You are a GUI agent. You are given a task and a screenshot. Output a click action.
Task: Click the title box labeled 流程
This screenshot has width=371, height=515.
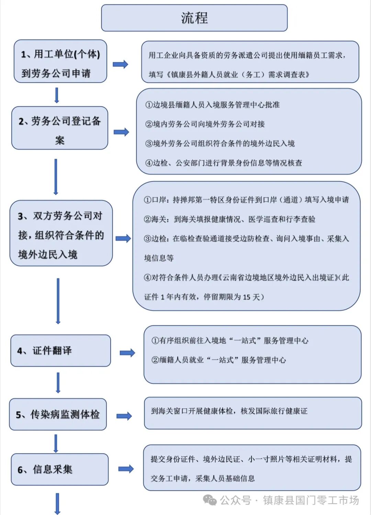[x=194, y=18]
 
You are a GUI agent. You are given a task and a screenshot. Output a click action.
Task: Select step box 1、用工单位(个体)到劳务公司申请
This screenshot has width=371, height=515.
[x=60, y=61]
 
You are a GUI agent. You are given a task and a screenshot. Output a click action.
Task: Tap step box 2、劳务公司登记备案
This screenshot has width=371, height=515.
[x=60, y=128]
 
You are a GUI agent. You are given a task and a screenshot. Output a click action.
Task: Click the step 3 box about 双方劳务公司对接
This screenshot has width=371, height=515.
[x=61, y=233]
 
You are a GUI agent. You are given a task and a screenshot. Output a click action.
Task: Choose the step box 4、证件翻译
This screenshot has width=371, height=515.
[x=60, y=350]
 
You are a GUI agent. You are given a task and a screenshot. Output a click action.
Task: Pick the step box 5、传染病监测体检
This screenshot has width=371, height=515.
[x=58, y=414]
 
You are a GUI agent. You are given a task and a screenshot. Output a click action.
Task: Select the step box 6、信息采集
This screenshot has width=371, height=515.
[x=59, y=469]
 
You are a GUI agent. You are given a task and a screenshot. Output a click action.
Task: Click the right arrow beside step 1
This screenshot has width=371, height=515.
[x=121, y=64]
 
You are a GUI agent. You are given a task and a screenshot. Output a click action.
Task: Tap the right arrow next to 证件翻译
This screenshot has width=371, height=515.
[x=127, y=353]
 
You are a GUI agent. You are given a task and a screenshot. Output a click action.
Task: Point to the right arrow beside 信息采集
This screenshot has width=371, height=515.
[x=126, y=469]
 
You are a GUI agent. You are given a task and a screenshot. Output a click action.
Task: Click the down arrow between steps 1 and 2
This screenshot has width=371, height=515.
[x=57, y=95]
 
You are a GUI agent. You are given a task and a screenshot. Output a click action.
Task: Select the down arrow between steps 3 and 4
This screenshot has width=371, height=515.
[x=58, y=301]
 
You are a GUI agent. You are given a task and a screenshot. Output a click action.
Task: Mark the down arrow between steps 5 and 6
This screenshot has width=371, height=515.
[x=56, y=443]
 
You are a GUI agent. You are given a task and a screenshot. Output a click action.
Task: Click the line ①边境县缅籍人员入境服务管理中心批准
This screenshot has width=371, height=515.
[x=212, y=105]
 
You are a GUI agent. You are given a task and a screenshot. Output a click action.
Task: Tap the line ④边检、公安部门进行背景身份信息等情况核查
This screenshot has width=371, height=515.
[x=224, y=163]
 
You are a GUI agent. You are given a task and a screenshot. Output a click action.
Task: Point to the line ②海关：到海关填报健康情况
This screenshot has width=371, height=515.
[x=229, y=219]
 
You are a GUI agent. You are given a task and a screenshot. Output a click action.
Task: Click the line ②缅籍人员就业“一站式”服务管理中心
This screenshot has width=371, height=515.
[x=219, y=360]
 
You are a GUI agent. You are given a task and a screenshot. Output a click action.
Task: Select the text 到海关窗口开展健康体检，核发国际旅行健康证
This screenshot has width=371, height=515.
[x=229, y=411]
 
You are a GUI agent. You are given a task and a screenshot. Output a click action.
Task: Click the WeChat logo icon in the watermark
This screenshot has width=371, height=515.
[x=210, y=500]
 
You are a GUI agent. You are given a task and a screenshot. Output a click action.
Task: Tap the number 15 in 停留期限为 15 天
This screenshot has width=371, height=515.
[x=247, y=297]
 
